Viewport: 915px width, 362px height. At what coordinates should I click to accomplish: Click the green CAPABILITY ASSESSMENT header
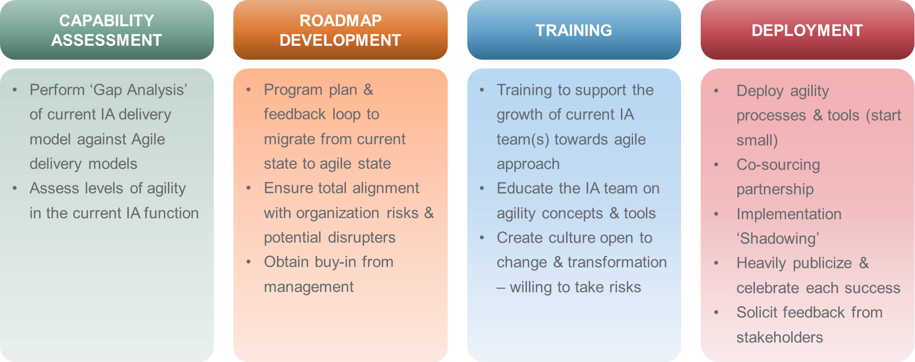(x=107, y=30)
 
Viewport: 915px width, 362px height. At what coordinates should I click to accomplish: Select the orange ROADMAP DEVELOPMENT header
(x=341, y=30)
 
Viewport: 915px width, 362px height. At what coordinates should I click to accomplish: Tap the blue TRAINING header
(x=574, y=30)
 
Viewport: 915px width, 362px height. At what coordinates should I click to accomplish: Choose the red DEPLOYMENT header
(x=807, y=30)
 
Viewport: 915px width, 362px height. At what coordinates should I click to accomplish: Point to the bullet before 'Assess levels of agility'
(x=15, y=188)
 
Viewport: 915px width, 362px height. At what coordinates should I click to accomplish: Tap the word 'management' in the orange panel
(x=309, y=287)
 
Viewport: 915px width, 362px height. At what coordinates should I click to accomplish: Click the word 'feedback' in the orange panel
(x=295, y=114)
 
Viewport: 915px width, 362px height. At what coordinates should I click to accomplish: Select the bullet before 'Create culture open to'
(x=482, y=238)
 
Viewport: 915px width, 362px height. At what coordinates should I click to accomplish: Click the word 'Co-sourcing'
(x=778, y=165)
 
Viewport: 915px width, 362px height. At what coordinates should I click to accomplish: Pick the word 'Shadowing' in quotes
(x=778, y=239)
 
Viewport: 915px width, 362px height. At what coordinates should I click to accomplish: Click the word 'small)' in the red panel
(x=757, y=140)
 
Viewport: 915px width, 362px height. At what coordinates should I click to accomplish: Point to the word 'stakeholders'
(x=780, y=337)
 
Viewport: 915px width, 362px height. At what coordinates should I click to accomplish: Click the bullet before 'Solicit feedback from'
(x=716, y=313)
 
